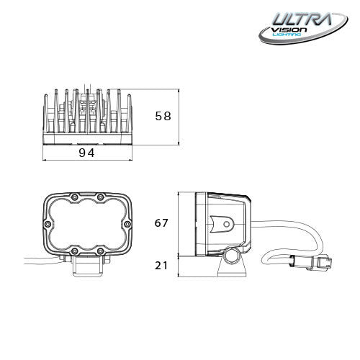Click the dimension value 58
(x=163, y=115)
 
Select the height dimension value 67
(x=161, y=223)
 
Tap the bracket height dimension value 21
(x=161, y=266)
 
